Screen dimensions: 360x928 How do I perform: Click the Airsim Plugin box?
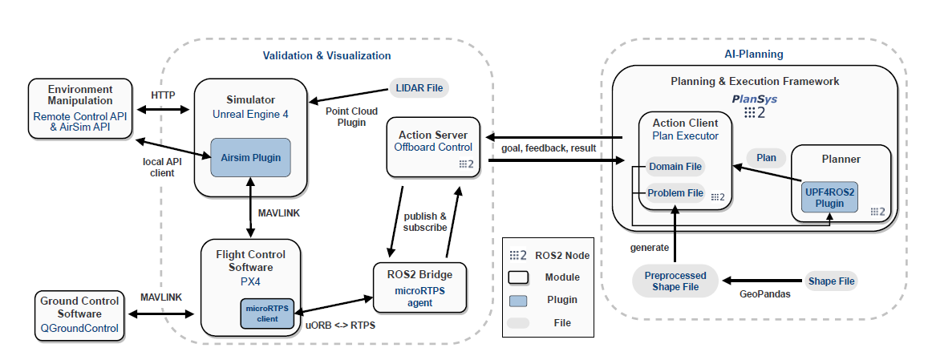(250, 158)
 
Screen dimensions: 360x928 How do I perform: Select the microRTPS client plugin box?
(268, 312)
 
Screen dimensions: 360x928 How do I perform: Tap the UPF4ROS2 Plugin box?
(830, 197)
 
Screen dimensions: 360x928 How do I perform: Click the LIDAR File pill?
(418, 87)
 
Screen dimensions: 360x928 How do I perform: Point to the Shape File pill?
(831, 281)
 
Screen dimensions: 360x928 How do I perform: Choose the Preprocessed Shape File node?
(672, 281)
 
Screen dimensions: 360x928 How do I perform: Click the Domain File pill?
(675, 167)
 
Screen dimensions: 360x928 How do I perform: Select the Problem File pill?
(675, 192)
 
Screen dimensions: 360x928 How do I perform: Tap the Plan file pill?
(766, 158)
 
